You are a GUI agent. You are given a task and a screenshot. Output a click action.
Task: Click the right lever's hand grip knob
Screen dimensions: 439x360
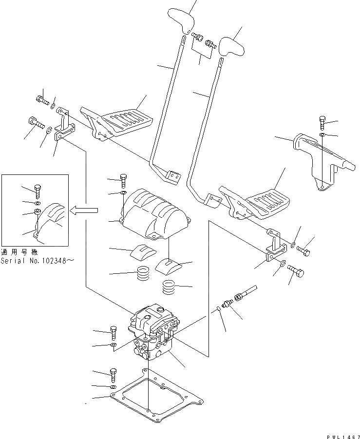click(x=231, y=47)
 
